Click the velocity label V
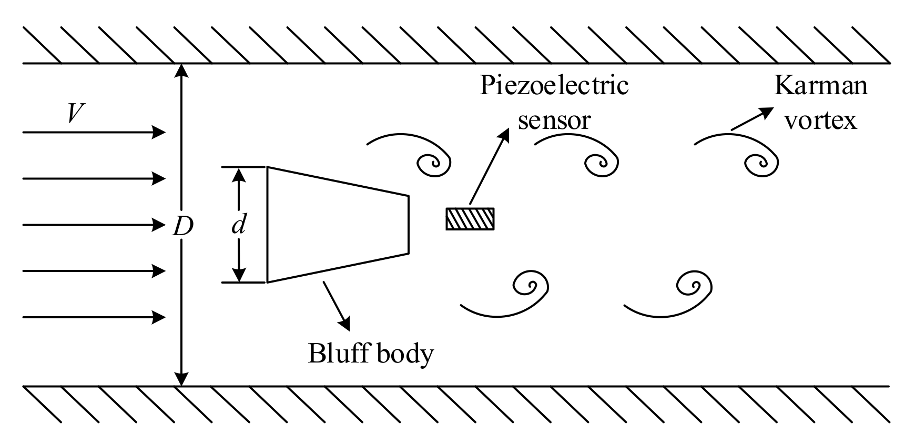pos(77,113)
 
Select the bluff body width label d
pos(239,225)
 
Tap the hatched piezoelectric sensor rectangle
pos(470,219)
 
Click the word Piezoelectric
pos(554,86)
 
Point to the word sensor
pos(554,120)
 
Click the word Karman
pos(820,86)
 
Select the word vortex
pos(820,120)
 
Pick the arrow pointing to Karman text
pos(752,119)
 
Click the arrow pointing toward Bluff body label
pos(337,306)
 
